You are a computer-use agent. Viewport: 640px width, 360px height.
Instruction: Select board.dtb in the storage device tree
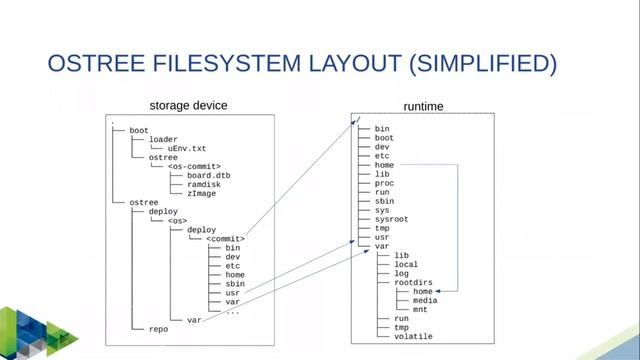(208, 175)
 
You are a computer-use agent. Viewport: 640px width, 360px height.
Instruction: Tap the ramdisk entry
(204, 184)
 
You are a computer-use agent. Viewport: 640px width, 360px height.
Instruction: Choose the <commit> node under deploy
(225, 238)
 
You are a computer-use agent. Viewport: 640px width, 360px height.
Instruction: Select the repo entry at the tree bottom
(158, 328)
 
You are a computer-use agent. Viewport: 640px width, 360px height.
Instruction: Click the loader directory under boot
(163, 139)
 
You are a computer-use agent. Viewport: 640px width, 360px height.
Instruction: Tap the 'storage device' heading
(188, 105)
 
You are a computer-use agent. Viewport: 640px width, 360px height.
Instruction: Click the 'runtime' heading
(423, 106)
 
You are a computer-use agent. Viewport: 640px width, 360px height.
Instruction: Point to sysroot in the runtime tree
(391, 219)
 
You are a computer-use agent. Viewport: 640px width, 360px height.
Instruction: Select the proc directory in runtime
(383, 183)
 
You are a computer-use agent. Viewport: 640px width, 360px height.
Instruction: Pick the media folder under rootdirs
(425, 300)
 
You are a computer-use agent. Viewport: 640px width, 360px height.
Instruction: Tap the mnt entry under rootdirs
(420, 309)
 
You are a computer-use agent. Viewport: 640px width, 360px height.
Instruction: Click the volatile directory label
(414, 336)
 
